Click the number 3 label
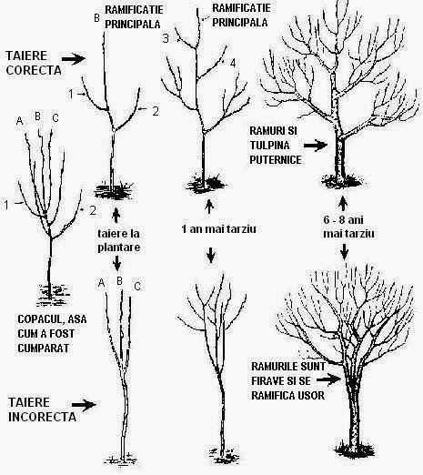click(166, 38)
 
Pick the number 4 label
click(233, 62)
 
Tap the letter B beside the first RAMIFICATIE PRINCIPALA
click(97, 17)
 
